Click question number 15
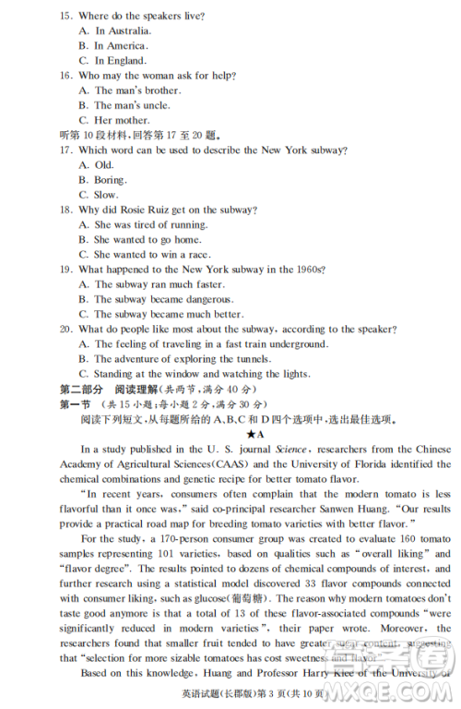(x=66, y=17)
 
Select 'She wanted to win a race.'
(x=152, y=254)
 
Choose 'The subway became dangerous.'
(x=161, y=299)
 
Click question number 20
(x=66, y=330)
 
